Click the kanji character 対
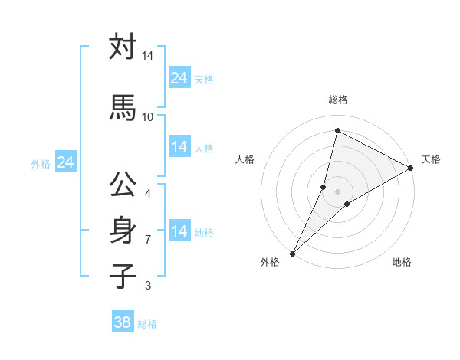(x=123, y=47)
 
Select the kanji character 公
(x=123, y=185)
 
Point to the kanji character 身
(x=123, y=231)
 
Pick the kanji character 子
(x=123, y=277)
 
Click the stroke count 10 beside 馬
(x=148, y=116)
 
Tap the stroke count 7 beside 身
(x=147, y=239)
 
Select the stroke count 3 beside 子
(x=147, y=286)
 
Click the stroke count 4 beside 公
(x=147, y=193)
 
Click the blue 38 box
(x=123, y=322)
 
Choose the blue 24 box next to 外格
(x=66, y=162)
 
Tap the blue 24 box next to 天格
(x=179, y=78)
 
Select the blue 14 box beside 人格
(x=179, y=147)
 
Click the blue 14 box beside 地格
(x=179, y=231)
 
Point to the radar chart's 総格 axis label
(x=338, y=100)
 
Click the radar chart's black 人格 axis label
(x=245, y=159)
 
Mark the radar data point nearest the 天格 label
(x=411, y=169)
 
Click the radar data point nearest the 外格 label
(x=292, y=253)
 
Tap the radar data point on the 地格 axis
(x=347, y=203)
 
